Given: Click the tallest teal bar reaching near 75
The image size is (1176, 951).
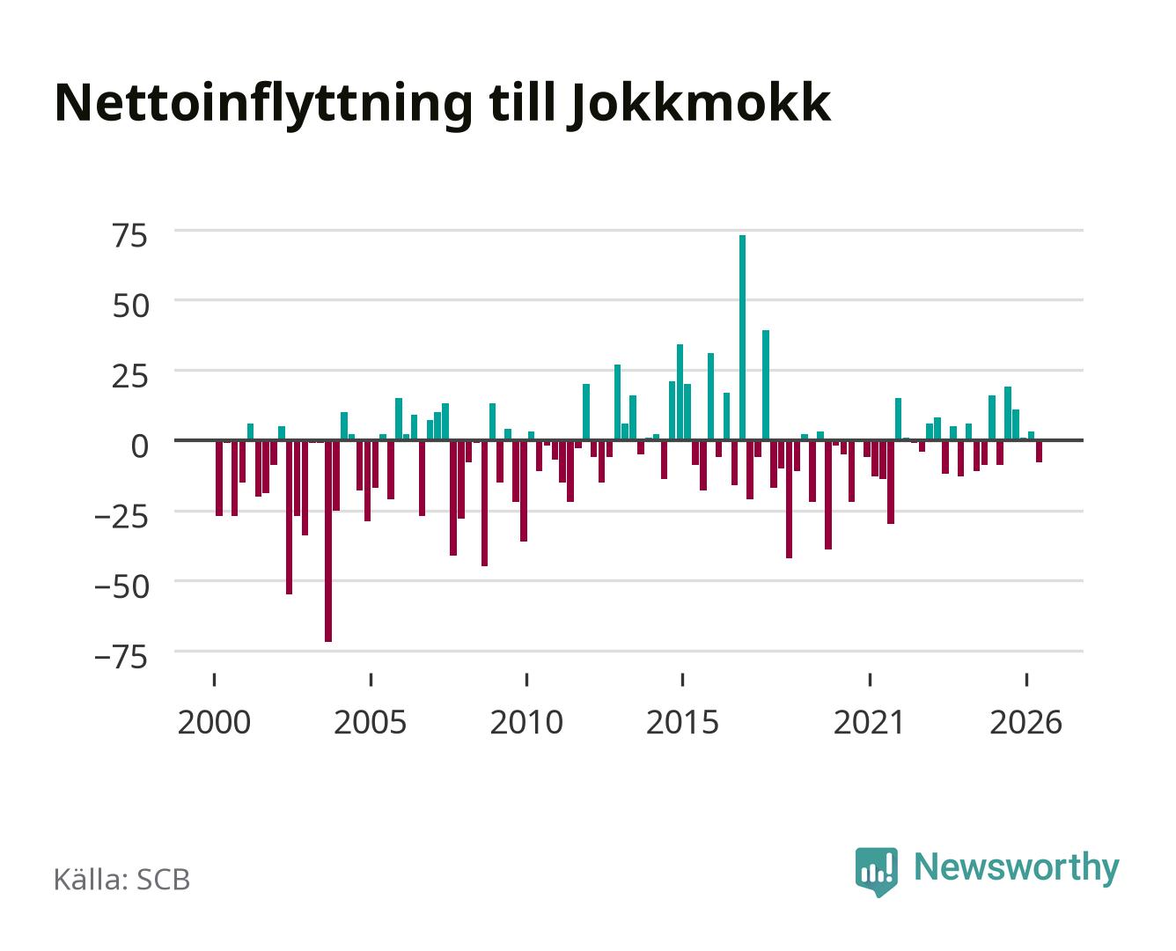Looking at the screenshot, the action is (x=742, y=337).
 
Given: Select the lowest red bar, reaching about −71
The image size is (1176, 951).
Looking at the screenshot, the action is (x=328, y=541).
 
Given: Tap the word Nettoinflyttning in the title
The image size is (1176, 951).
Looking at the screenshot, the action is (x=263, y=105).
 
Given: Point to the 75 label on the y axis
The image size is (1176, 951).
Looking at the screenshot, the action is (x=130, y=235).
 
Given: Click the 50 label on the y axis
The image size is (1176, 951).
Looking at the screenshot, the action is (x=130, y=306).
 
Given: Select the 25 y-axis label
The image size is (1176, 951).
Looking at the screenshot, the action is (x=130, y=376).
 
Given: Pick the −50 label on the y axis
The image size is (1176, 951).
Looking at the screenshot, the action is (x=121, y=586).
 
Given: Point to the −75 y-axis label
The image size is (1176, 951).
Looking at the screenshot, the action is (x=121, y=657).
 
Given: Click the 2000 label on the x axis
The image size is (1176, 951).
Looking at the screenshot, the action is (x=214, y=722).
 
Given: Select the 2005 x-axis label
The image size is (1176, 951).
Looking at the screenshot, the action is (x=370, y=722).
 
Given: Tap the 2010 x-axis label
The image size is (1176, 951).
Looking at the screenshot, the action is (x=526, y=722).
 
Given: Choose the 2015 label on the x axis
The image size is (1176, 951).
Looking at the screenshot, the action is (x=682, y=722).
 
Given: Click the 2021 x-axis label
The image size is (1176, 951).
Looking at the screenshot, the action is (x=869, y=722).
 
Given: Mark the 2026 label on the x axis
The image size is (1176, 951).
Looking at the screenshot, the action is (x=1025, y=722).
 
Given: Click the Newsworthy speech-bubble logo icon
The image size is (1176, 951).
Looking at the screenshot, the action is (x=876, y=872).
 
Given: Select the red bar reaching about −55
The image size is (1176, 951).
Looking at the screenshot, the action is (x=289, y=517).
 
